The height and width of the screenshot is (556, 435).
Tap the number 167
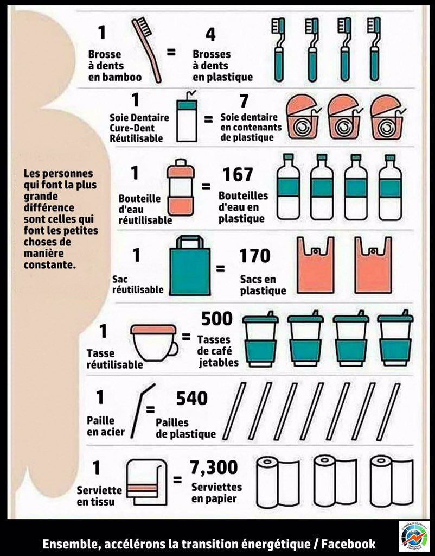click(x=238, y=174)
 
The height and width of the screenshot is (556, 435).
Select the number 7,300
click(x=214, y=467)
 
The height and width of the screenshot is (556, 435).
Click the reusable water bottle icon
click(x=181, y=187)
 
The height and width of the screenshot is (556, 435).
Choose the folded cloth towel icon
click(x=147, y=482)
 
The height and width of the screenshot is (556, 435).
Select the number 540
click(x=191, y=398)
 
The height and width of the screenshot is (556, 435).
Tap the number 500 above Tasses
click(x=217, y=318)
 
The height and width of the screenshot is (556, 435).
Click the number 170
click(x=255, y=256)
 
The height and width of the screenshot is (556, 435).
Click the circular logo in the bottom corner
click(x=414, y=536)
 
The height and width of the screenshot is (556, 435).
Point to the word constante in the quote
click(x=49, y=264)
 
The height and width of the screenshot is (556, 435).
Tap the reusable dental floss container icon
click(x=187, y=116)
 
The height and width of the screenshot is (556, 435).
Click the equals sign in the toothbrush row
click(x=171, y=52)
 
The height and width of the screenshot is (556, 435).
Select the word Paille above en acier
click(x=100, y=421)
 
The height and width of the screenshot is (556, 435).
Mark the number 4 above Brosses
click(x=210, y=34)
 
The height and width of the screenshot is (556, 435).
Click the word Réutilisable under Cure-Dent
click(x=136, y=138)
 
